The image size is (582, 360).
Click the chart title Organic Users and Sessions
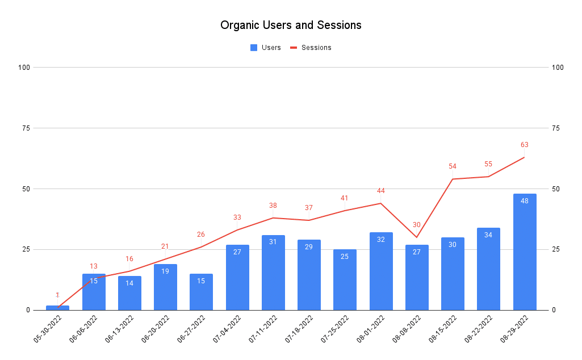point(291,26)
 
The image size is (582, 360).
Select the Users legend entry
point(265,48)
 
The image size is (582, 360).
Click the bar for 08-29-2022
point(524,253)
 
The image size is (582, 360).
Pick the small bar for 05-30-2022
point(57,308)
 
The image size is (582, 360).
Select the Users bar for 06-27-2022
point(201,292)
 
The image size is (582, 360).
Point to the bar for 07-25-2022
point(345,280)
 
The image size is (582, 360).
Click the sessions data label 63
point(524,145)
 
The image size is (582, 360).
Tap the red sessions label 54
point(453,166)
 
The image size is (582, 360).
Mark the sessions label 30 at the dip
point(417,225)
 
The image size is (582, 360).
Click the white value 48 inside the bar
point(524,200)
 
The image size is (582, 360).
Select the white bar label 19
point(165,271)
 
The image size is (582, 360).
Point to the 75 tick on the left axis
point(26,128)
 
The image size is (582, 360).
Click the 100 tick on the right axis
point(558,68)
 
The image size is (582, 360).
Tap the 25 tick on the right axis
point(556,249)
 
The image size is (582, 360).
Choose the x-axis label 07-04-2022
point(227,330)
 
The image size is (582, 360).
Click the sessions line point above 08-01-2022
point(380,203)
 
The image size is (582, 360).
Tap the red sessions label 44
point(380,191)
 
